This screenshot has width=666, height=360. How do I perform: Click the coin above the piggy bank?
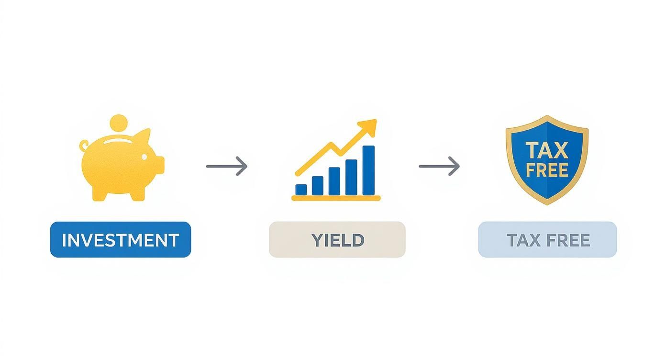pyautogui.click(x=119, y=124)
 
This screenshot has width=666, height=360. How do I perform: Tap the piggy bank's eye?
pyautogui.click(x=144, y=157)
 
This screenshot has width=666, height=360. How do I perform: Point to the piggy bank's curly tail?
pyautogui.click(x=84, y=146)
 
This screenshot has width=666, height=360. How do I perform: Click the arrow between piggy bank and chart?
pyautogui.click(x=227, y=166)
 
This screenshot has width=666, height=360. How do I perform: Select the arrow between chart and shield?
pyautogui.click(x=439, y=166)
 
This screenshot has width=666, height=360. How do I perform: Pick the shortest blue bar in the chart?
pyautogui.click(x=301, y=190)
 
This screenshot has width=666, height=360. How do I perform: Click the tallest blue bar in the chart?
pyautogui.click(x=368, y=170)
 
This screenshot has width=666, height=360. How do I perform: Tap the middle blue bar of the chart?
pyautogui.click(x=334, y=181)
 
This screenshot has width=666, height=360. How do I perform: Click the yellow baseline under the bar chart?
pyautogui.click(x=336, y=198)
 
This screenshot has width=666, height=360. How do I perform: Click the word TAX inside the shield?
pyautogui.click(x=546, y=150)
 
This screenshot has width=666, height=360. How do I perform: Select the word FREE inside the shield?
pyautogui.click(x=547, y=170)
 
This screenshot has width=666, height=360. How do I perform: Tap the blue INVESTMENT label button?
pyautogui.click(x=121, y=239)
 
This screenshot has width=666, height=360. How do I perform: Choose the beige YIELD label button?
pyautogui.click(x=337, y=239)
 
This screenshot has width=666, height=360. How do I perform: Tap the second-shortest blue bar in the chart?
pyautogui.click(x=318, y=186)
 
